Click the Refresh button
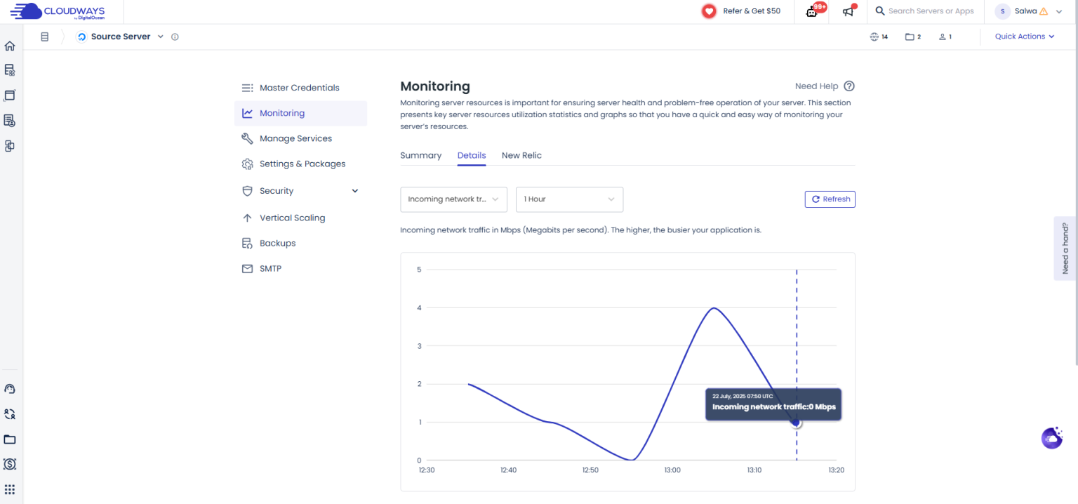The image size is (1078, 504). pos(830,199)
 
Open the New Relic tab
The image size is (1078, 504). pos(521,155)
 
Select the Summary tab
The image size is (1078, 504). pos(420,155)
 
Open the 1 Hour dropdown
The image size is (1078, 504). pos(569,199)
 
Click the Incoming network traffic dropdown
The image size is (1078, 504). pos(453,199)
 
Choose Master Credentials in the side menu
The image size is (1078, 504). pos(299,88)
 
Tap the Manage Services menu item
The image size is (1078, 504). pos(295,138)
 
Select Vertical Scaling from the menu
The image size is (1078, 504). pos(292,218)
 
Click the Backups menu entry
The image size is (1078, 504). pos(277,243)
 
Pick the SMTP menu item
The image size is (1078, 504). pos(270,268)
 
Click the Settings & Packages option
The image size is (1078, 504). pos(302,164)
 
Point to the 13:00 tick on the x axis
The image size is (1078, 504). pos(672,470)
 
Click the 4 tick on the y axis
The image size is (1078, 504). pos(419,307)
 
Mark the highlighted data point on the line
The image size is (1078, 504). pos(796,422)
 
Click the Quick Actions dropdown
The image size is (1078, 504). pos(1025,37)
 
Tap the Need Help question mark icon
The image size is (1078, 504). pos(849,86)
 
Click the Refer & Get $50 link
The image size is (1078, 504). pos(742,11)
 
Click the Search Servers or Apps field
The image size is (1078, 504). pos(931,11)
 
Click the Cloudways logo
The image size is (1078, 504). pos(58,11)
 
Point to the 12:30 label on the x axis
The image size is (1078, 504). pos(427,470)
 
